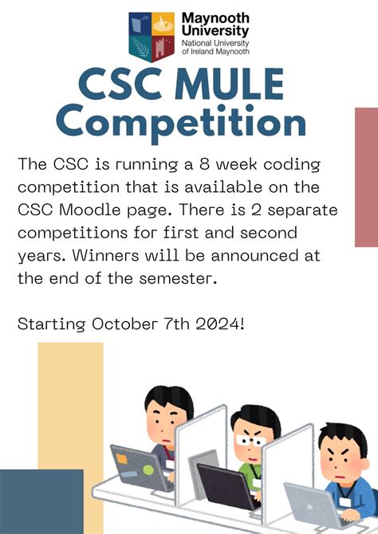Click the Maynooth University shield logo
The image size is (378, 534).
[152, 37]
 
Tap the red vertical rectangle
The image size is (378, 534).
[366, 177]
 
